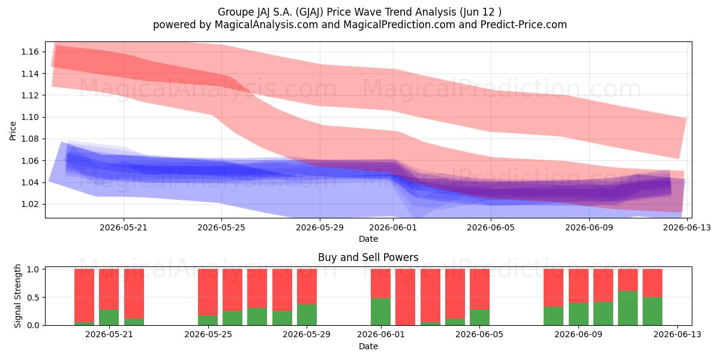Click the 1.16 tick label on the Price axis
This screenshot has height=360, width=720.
(x=29, y=52)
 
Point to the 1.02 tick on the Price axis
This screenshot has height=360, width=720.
(x=29, y=204)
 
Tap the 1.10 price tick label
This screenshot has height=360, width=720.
(x=29, y=117)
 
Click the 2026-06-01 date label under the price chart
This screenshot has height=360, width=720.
(x=393, y=227)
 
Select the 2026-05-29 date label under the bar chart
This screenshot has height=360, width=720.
(x=307, y=334)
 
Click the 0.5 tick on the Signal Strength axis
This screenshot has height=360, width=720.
(x=33, y=298)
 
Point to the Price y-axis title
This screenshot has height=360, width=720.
(x=13, y=131)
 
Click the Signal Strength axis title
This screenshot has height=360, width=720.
(x=17, y=296)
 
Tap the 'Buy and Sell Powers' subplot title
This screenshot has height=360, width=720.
(x=368, y=257)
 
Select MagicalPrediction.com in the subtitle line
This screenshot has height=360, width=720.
(x=399, y=25)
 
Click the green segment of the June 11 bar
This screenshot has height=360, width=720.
(x=628, y=308)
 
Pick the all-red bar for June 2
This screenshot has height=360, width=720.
(x=406, y=297)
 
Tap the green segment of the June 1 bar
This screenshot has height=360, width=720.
(x=380, y=311)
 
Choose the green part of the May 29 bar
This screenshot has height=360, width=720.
(x=307, y=314)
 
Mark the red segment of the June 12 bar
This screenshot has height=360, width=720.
(x=653, y=283)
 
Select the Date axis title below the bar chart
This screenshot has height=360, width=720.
(x=368, y=346)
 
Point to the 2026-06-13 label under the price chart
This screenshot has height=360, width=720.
(x=687, y=227)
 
